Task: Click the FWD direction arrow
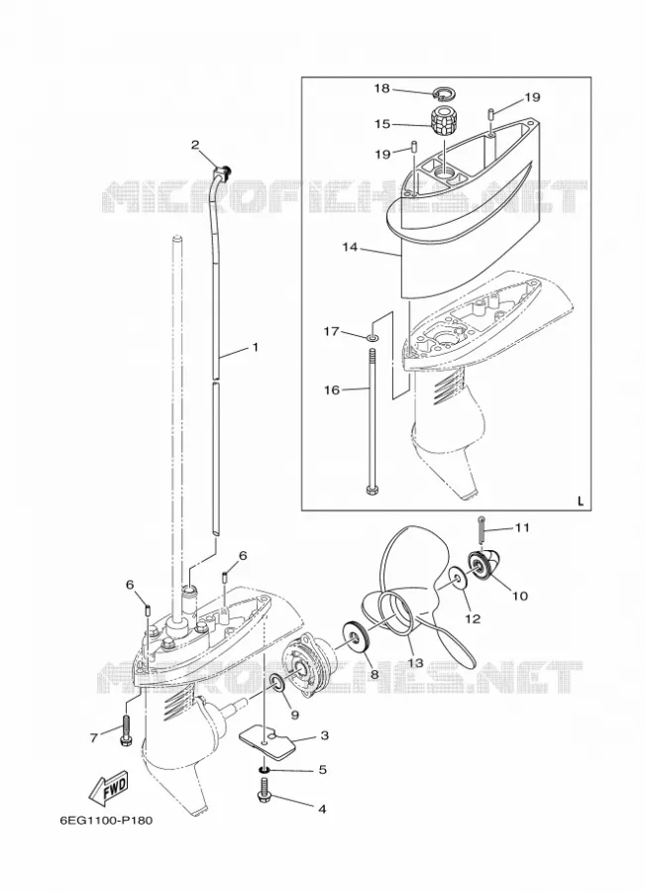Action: [x=108, y=787]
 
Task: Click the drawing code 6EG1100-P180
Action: [x=106, y=821]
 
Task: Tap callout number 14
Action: [x=350, y=247]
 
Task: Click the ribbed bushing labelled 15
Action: [x=442, y=121]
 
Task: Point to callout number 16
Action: [x=332, y=390]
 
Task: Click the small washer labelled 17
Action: [x=372, y=339]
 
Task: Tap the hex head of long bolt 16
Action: [x=372, y=490]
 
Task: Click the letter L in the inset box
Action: [x=581, y=502]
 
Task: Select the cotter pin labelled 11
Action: [x=482, y=530]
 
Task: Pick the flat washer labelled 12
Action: [x=458, y=578]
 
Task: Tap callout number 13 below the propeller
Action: [x=416, y=663]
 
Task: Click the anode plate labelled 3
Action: [x=269, y=740]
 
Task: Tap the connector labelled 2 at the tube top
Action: [x=222, y=169]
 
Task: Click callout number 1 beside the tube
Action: [x=256, y=346]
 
